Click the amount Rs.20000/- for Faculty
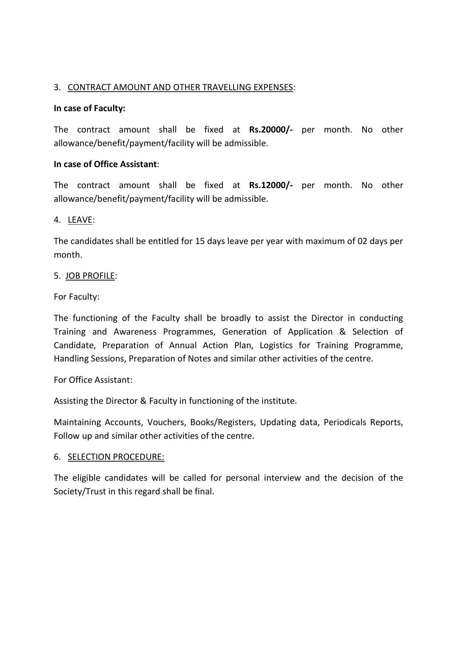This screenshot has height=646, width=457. pos(271,130)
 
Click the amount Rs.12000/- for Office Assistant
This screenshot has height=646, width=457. pos(271,185)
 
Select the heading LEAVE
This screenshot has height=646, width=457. pos(80,220)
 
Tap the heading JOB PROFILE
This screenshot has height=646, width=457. pos(90,276)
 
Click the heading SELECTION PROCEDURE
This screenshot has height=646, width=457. pos(116,457)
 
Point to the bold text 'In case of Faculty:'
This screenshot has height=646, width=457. pos(89,108)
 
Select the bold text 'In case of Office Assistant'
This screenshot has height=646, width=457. pos(105,164)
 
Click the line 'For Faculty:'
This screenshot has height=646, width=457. pos(77,297)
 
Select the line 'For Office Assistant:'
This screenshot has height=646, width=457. pos(93,380)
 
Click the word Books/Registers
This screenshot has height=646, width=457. pos(222,422)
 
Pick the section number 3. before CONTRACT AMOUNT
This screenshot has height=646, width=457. pos(57,87)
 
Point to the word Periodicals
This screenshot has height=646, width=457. pos(344,422)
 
